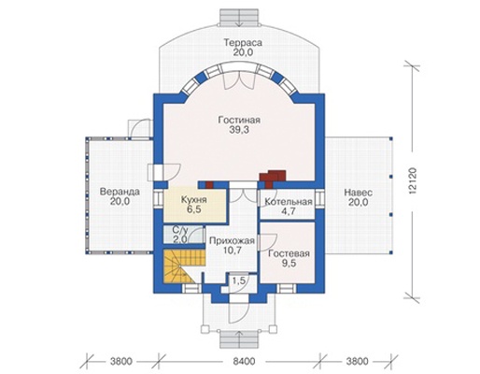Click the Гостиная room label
(x=239, y=120)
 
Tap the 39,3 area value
(x=239, y=130)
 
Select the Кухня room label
(x=194, y=200)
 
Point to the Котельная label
(x=289, y=202)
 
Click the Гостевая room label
(x=289, y=253)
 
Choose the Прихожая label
(x=232, y=240)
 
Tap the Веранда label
(x=120, y=192)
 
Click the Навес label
(x=359, y=193)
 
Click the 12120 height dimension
(x=413, y=182)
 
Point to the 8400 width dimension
(x=244, y=361)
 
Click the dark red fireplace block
(x=273, y=177)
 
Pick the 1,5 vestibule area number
(x=239, y=280)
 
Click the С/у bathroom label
(x=180, y=230)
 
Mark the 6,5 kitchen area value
(x=194, y=209)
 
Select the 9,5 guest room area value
(x=289, y=264)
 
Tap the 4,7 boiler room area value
(x=289, y=211)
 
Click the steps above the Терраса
(x=239, y=17)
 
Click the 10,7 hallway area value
(x=232, y=251)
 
